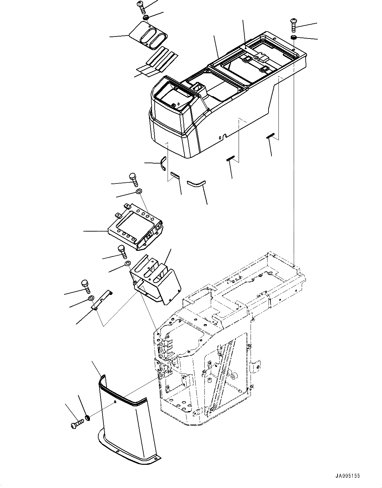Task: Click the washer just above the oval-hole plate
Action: [x=146, y=18]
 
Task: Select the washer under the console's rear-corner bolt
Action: [x=293, y=36]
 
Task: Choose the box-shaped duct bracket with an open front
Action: [x=154, y=279]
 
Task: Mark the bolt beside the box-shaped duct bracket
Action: [x=122, y=252]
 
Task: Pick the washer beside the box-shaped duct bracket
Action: [x=127, y=264]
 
